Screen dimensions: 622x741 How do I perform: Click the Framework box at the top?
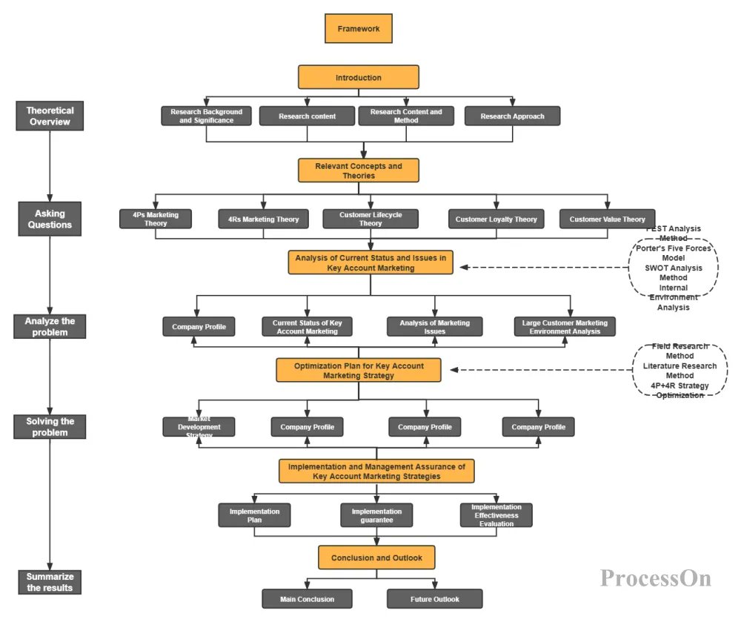coord(358,29)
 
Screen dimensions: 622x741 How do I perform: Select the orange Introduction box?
coord(358,77)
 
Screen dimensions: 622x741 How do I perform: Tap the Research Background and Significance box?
coord(206,116)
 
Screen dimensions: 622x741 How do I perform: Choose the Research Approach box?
coord(512,116)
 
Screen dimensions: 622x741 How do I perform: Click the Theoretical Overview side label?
coord(50,116)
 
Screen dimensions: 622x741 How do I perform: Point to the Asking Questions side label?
coord(50,219)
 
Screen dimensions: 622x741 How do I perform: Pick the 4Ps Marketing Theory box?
coord(156,219)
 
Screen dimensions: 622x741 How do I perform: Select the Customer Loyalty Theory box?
coord(496,219)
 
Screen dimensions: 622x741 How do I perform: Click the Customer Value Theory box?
coord(607,219)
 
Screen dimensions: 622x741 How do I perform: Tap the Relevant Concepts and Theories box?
coord(359,171)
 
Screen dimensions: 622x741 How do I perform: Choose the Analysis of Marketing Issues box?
coord(434,327)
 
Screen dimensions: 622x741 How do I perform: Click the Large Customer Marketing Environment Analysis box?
coord(565,327)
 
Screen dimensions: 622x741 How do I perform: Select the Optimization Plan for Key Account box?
coord(359,370)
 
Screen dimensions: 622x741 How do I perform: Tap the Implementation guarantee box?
coord(376,515)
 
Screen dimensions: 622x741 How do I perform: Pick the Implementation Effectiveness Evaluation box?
coord(496,515)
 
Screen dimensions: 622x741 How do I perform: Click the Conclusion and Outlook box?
coord(376,558)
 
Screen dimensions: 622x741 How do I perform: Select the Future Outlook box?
coord(434,599)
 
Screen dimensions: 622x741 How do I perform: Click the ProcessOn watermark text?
coord(655,578)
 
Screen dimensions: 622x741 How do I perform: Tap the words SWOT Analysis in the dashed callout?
coord(673,268)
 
